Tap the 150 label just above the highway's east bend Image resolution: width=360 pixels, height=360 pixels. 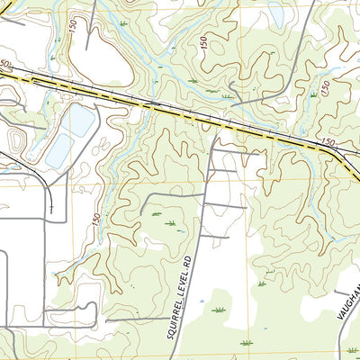(326, 142)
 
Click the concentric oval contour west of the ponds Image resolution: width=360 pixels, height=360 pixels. (16, 139)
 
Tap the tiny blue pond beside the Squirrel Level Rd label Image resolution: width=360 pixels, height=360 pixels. (201, 301)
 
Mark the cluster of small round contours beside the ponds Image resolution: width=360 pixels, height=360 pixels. (103, 144)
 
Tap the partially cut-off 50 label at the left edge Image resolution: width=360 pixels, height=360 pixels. (5, 65)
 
